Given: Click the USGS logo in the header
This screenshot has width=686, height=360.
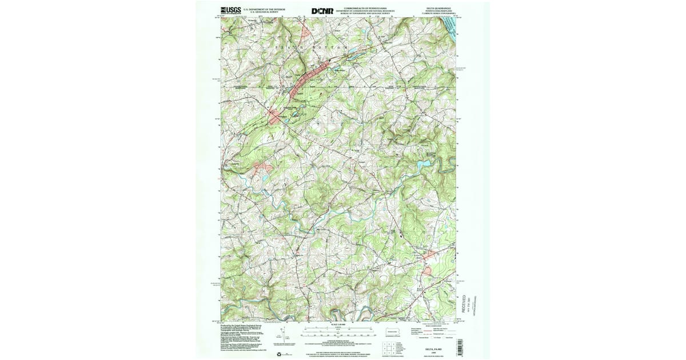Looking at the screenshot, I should tap(230, 10).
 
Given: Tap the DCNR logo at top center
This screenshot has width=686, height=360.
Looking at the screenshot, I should tap(322, 10).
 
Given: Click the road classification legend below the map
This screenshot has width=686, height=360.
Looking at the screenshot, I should tap(429, 332).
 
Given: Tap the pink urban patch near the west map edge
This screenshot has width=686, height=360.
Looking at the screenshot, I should tap(262, 167).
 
